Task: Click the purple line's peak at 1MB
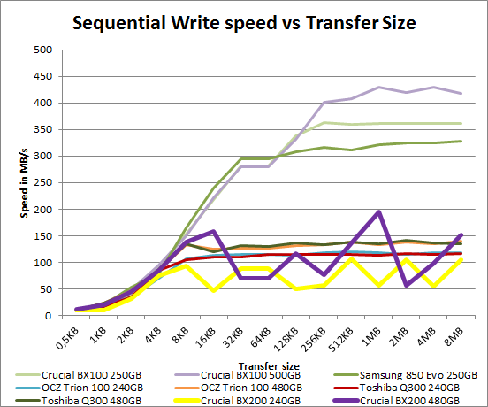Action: point(379,212)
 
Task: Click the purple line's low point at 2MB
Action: point(407,285)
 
